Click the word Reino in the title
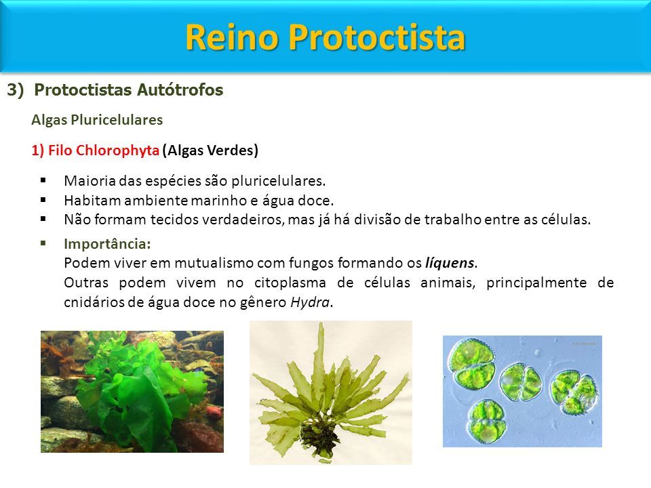232,37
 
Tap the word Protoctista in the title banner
376,37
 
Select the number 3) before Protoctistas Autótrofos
16,89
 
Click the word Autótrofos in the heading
180,89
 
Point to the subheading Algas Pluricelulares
97,120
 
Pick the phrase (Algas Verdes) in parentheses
210,150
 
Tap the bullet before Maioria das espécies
43,180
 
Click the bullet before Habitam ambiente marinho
43,199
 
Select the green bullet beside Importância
43,243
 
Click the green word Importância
107,244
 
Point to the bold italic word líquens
450,263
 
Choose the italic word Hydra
310,302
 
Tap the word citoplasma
290,283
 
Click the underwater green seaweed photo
132,391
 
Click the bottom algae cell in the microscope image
487,421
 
